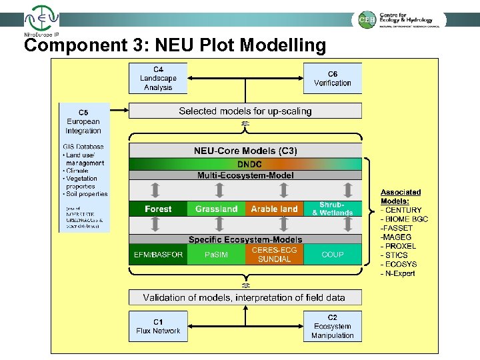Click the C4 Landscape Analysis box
158,79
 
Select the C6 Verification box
332,79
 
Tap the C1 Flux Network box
158,326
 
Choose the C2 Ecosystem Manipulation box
332,326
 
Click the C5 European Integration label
83,121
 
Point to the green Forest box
158,209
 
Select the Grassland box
216,209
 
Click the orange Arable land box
274,209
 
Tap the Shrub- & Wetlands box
332,209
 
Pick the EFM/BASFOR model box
158,254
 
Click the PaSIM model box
216,254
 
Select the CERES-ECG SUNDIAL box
274,254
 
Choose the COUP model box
332,254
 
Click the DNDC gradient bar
245,164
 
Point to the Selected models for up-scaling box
245,111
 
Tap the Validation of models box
245,297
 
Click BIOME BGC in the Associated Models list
407,219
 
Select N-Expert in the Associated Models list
401,273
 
